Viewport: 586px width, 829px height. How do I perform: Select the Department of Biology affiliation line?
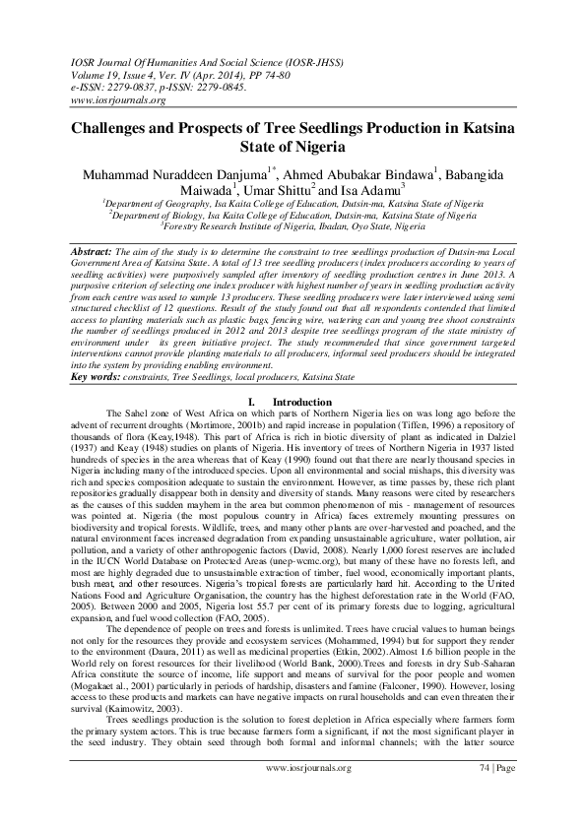coord(293,216)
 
